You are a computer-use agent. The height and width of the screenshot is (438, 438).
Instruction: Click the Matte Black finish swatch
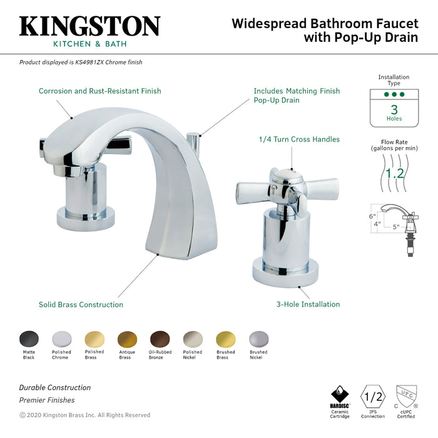pos(29,339)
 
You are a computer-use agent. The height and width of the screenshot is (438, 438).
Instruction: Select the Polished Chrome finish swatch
pos(61,339)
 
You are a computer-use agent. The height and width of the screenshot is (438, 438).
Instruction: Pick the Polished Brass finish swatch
pos(94,339)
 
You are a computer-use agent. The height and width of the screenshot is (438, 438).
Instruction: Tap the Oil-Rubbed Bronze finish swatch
pos(160,339)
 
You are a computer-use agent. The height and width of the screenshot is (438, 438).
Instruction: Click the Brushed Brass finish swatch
pos(225,339)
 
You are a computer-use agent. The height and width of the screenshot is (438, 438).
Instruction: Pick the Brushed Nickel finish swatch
pos(258,339)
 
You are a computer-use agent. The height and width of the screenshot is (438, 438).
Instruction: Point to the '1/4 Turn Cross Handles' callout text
pos(299,140)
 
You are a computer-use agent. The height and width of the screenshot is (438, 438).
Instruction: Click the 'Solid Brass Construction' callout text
pos(81,305)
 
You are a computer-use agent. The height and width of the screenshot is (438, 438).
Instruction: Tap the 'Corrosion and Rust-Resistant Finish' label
pos(99,91)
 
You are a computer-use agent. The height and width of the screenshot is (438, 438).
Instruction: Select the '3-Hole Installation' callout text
pos(308,305)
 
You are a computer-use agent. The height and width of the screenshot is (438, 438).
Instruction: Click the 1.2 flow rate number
pos(394,173)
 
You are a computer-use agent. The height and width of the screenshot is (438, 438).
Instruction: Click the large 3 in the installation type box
pos(394,110)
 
